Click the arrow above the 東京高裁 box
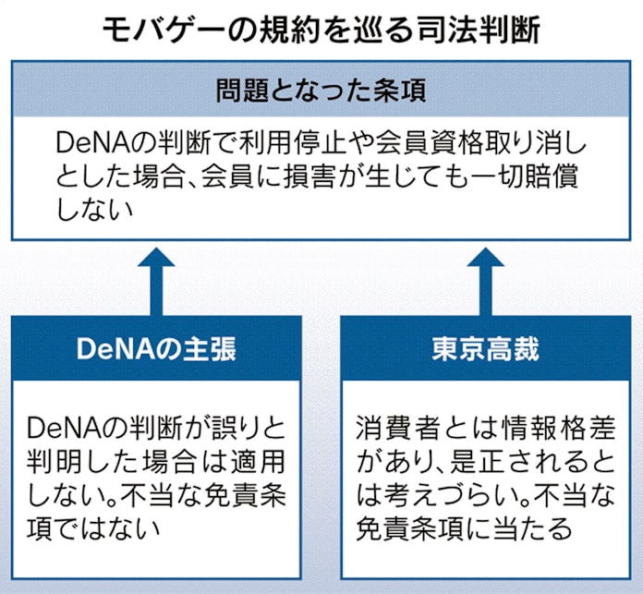(x=485, y=277)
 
